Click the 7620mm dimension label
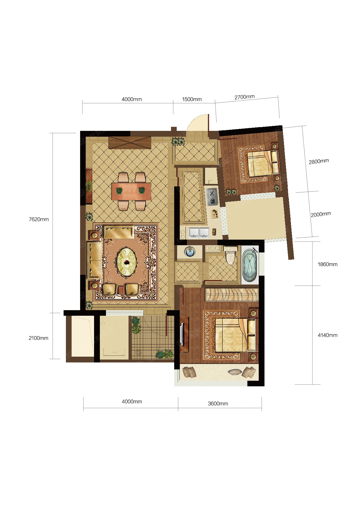point(39,219)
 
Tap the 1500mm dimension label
point(192,99)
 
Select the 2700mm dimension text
point(244,97)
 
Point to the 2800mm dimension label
point(319,161)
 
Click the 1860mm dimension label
point(327,264)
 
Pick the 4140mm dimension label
point(327,335)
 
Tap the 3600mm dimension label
point(218,404)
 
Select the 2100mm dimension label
point(38,338)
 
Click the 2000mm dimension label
point(321,214)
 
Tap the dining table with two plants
point(131,191)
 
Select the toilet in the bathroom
point(231,255)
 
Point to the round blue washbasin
point(190,252)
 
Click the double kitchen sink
point(199,233)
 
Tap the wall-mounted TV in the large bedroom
point(182,334)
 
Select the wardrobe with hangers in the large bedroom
point(232,294)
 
